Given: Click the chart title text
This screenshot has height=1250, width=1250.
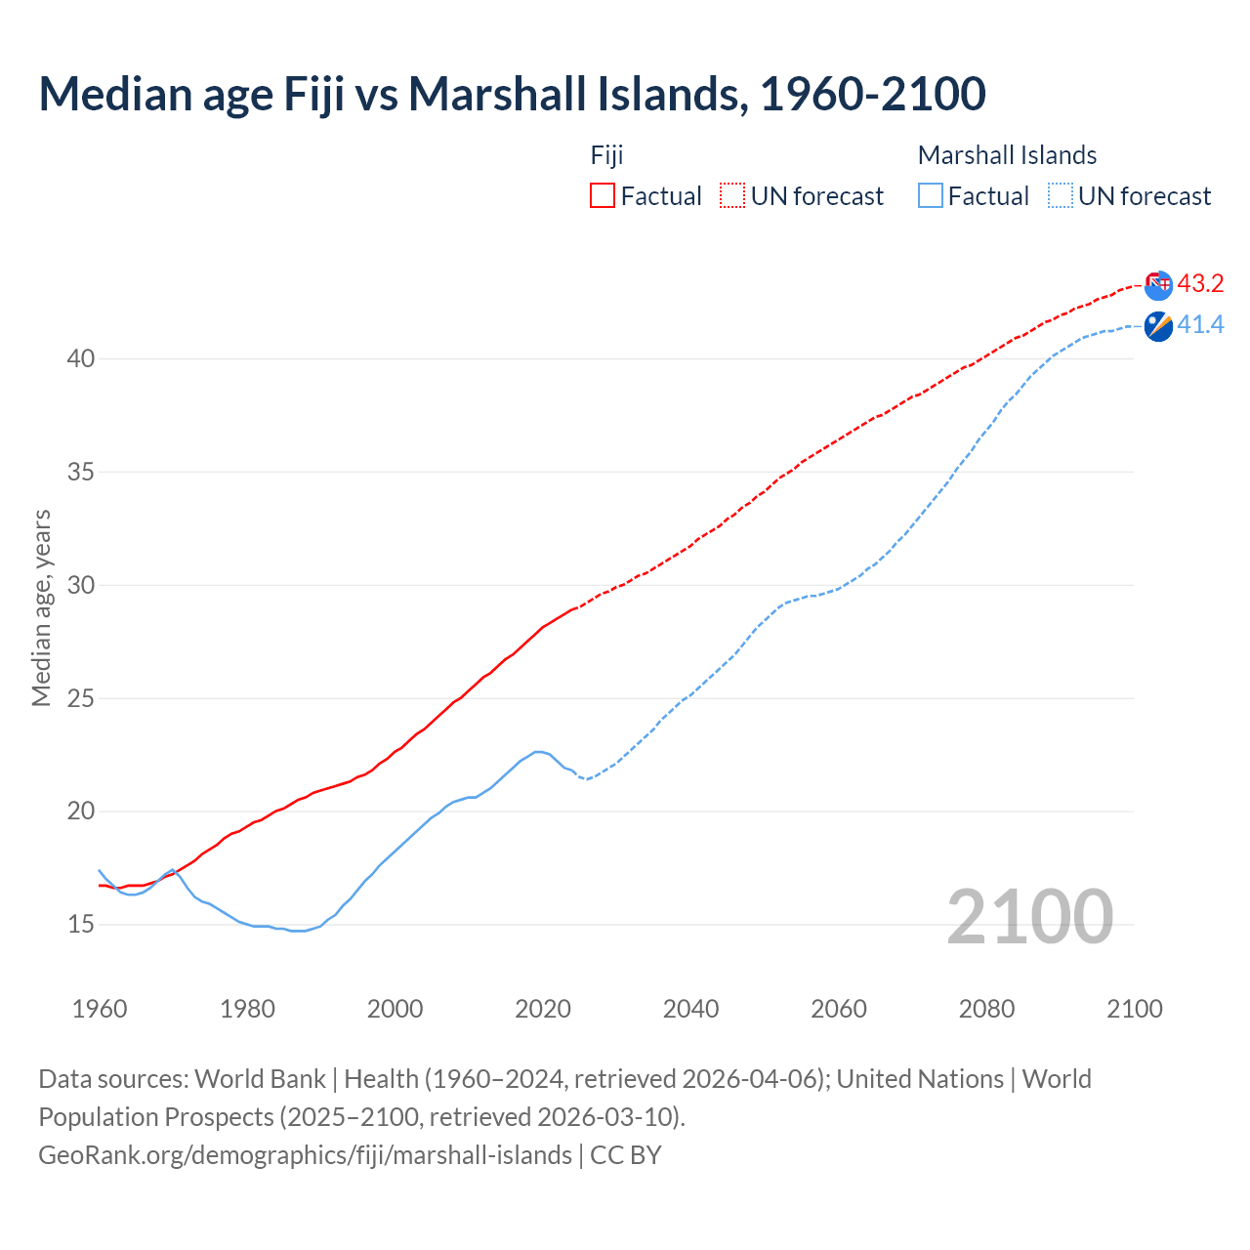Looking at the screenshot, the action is pos(512,94).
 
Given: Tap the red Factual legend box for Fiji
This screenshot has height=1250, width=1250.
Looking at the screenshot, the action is pos(603,195).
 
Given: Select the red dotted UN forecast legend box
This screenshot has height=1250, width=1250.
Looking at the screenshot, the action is pos(732,195).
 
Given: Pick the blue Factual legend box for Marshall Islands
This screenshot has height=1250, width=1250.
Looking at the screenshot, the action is pos(931,195).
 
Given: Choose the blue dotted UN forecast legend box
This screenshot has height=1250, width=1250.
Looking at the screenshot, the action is pos(1061,195).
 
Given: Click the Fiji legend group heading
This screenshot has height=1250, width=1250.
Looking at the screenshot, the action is pos(606,155).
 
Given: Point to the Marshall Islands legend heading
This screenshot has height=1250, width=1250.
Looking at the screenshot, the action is pos(1007,155).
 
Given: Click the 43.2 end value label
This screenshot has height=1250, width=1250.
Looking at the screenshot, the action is pos(1200,284).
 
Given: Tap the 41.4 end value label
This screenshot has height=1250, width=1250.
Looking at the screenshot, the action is pos(1200,325).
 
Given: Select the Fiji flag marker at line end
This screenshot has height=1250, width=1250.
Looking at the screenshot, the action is pos(1158,285).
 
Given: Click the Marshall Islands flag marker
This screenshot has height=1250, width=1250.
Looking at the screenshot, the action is pos(1158,326).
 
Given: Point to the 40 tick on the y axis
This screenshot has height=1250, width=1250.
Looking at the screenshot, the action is pos(80,359).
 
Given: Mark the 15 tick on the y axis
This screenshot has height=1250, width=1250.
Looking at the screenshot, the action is pos(80,924).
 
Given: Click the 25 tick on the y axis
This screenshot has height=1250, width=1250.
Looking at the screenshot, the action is pos(80,698).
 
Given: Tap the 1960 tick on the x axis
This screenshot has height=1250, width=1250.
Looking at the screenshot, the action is pos(100,1009).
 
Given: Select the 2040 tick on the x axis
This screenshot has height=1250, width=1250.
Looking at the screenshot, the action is pos(690,1009).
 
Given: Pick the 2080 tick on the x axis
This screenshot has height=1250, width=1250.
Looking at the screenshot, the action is pos(986,1009).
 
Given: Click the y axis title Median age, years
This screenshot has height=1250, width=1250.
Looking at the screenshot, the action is pos(41,607).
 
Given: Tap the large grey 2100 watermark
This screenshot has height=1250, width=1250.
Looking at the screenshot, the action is pos(1030,916).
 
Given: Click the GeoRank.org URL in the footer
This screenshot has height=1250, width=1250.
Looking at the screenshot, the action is pos(305,1155).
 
